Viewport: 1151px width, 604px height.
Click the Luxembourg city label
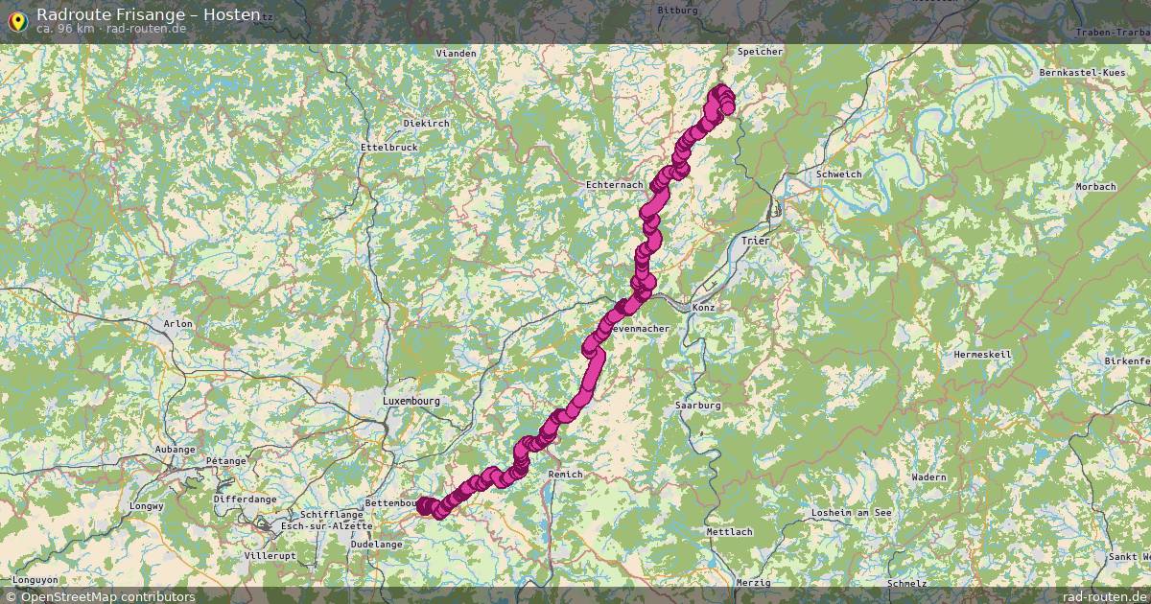click(410, 401)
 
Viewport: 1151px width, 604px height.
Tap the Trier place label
click(756, 241)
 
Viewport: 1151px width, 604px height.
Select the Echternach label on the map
click(614, 185)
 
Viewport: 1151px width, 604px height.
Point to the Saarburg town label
click(697, 406)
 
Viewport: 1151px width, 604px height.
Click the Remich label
click(565, 475)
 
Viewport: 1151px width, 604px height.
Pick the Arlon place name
click(178, 324)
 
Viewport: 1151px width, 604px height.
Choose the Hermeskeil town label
click(983, 355)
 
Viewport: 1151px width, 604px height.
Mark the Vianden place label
click(456, 54)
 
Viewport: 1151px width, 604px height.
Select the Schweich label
click(838, 174)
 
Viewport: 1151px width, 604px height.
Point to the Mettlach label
click(729, 532)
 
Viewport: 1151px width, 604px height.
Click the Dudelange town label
click(376, 544)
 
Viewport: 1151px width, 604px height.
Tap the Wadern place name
click(928, 477)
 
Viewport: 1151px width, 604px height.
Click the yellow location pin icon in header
click(16, 20)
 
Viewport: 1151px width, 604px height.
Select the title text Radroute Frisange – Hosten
click(148, 14)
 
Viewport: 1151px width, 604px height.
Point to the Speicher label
click(760, 52)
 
